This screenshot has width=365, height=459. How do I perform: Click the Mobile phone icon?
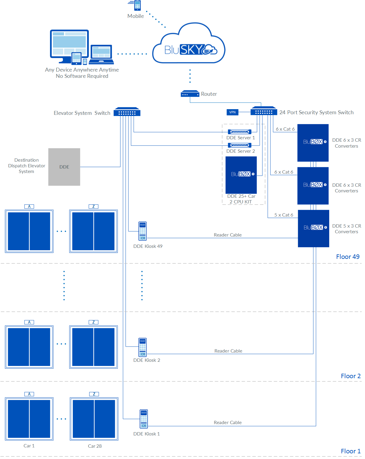point(137,6)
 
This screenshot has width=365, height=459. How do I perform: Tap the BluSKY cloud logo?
point(189,45)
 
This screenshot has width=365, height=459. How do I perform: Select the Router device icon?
point(190,94)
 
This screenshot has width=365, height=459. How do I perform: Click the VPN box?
point(233,112)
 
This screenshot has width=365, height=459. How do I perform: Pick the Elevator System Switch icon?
point(127,112)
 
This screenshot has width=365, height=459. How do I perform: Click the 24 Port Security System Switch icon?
point(264,111)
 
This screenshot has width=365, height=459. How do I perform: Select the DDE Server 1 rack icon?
point(239,132)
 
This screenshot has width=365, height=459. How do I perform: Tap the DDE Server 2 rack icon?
point(239,145)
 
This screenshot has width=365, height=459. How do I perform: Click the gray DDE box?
point(64,167)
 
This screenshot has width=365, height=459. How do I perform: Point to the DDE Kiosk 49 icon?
point(143,231)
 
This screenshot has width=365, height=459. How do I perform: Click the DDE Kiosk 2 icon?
point(143,347)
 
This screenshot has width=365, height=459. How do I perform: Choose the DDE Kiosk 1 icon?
point(144,419)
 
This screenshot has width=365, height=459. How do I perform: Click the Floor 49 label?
point(348,257)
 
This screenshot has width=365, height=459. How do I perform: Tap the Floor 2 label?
point(351,376)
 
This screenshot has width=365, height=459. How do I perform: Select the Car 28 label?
point(95,446)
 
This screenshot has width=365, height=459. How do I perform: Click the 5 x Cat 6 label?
point(284,215)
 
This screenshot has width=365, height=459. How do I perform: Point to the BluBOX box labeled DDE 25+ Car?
point(241,175)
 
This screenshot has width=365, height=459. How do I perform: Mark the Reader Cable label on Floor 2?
point(228,351)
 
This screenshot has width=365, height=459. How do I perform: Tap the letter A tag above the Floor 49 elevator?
point(29,206)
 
